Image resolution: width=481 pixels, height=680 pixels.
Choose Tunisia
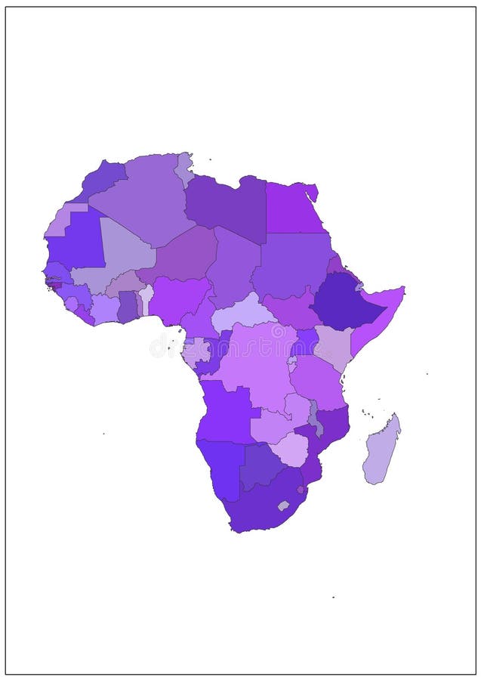pyautogui.click(x=183, y=168)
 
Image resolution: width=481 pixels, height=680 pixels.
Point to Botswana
pyautogui.click(x=261, y=465)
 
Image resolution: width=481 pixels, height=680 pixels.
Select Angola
pyautogui.click(x=227, y=412)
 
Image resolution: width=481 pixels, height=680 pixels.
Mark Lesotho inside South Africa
pyautogui.click(x=283, y=505)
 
